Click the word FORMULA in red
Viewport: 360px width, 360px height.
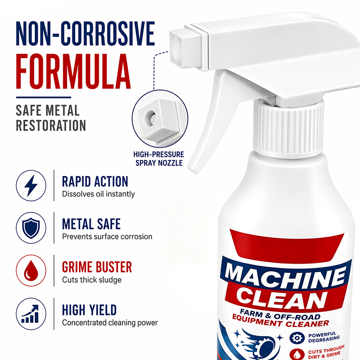point(73,72)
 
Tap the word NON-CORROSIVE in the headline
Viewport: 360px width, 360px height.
point(85,33)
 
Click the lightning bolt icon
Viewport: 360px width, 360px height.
point(31,185)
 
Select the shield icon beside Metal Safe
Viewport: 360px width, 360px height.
point(31,228)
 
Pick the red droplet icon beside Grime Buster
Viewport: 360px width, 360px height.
point(31,270)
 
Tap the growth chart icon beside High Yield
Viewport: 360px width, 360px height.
point(30,314)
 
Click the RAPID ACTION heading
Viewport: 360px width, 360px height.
point(95,182)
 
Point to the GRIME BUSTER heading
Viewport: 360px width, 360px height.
point(97,267)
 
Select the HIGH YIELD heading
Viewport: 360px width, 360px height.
point(89,310)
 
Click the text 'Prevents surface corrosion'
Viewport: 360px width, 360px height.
point(107,237)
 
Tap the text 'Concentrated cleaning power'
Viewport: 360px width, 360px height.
point(110,323)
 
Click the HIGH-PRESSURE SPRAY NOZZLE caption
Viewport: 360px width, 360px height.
point(159,159)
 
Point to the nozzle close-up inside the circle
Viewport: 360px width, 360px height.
point(160,119)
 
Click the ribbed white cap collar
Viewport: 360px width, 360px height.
point(288,129)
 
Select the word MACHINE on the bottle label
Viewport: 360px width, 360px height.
point(285,276)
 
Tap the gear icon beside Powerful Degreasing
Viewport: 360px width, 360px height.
point(297,338)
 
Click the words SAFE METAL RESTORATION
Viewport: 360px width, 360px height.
point(51,118)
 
